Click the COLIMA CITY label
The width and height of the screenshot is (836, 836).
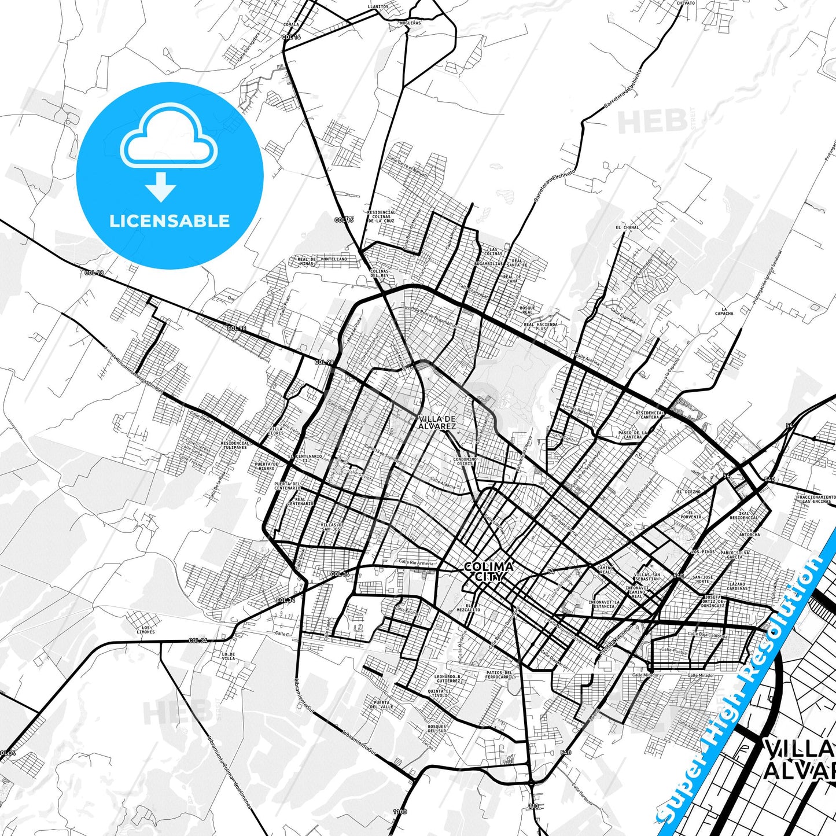pos(488,571)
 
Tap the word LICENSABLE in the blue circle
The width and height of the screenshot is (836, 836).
pos(170,221)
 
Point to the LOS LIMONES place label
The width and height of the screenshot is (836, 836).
pos(146,629)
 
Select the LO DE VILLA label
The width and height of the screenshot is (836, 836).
pos(229,656)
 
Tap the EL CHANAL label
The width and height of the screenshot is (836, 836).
pos(627,227)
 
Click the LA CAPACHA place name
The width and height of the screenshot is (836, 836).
pos(724,311)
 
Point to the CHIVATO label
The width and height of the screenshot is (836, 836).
pos(685,3)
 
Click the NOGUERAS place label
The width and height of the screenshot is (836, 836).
pos(410,23)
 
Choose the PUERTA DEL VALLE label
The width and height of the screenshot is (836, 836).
pos(381,704)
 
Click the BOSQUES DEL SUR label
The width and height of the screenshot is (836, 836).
pos(437,728)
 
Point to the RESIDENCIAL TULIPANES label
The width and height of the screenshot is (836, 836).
pos(235,445)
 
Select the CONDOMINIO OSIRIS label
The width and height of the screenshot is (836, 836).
pos(465,462)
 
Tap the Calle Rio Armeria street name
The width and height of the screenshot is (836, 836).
pos(416,562)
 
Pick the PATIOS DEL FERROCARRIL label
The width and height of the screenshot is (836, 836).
pos(499,675)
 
